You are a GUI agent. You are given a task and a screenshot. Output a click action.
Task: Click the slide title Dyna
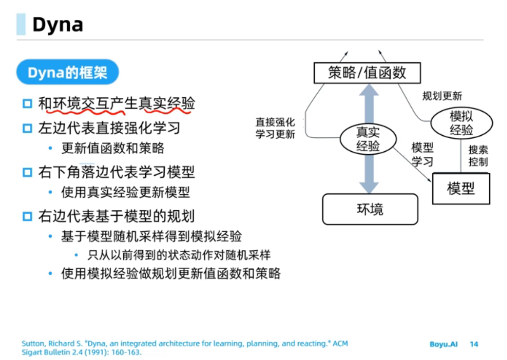(57, 24)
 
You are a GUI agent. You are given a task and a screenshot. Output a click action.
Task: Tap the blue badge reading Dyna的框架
(67, 73)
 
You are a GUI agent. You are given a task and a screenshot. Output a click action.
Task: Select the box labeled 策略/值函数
(367, 73)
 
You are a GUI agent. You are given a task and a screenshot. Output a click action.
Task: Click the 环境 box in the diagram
(370, 209)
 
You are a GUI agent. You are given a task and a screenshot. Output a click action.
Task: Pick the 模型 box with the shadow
(460, 188)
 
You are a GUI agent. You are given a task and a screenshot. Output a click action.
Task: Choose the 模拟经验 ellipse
(462, 123)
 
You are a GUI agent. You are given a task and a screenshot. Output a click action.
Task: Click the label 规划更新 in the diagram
(442, 96)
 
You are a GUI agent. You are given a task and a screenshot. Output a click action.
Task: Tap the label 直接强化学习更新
(275, 128)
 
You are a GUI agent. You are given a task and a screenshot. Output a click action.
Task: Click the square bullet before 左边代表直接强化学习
(27, 128)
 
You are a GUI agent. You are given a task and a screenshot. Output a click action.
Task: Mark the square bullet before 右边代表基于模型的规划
(27, 216)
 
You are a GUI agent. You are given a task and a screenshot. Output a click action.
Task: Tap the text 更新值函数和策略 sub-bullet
(113, 148)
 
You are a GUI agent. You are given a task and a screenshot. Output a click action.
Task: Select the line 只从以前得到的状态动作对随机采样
(179, 255)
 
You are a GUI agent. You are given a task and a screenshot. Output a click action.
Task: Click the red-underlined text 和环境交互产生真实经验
(116, 104)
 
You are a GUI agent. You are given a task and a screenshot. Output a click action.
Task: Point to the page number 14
(474, 344)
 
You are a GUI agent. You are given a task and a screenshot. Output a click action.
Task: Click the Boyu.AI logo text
(443, 344)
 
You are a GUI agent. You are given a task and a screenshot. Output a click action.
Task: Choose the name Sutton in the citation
(31, 344)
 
